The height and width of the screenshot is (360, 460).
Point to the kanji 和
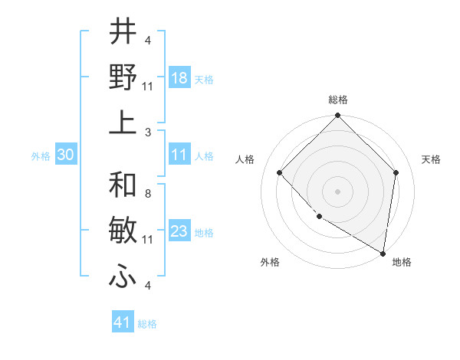tap(123, 186)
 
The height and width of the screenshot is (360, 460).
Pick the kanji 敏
tap(123, 231)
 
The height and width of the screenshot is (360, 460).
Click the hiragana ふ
tap(123, 276)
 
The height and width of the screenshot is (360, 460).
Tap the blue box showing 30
tap(66, 155)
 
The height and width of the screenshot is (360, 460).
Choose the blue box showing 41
tap(123, 322)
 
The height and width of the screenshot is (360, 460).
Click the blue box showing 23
tap(179, 231)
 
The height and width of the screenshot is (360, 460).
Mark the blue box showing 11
tap(179, 155)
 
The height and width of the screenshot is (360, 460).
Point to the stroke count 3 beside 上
tap(147, 132)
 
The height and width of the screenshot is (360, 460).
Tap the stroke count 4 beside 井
tap(147, 40)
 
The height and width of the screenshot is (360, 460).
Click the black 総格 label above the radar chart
tap(337, 100)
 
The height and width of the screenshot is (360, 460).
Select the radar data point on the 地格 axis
tap(382, 253)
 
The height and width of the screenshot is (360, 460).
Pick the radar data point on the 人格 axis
tap(280, 172)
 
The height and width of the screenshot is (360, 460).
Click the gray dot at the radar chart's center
tap(337, 191)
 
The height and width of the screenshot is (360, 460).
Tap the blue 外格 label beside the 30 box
tap(41, 155)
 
